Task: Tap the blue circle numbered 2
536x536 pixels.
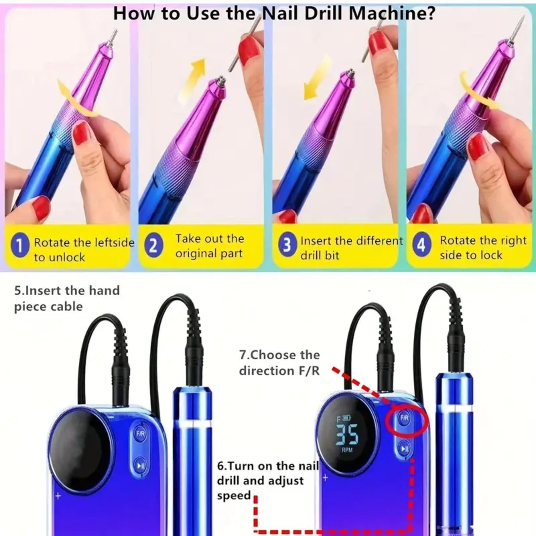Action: click(153, 246)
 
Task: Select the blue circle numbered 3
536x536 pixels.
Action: click(287, 246)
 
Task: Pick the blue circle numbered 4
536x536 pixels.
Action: click(421, 245)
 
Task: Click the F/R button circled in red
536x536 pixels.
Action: click(405, 418)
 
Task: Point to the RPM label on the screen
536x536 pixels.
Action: click(347, 450)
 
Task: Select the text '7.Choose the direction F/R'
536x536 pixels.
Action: click(279, 363)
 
